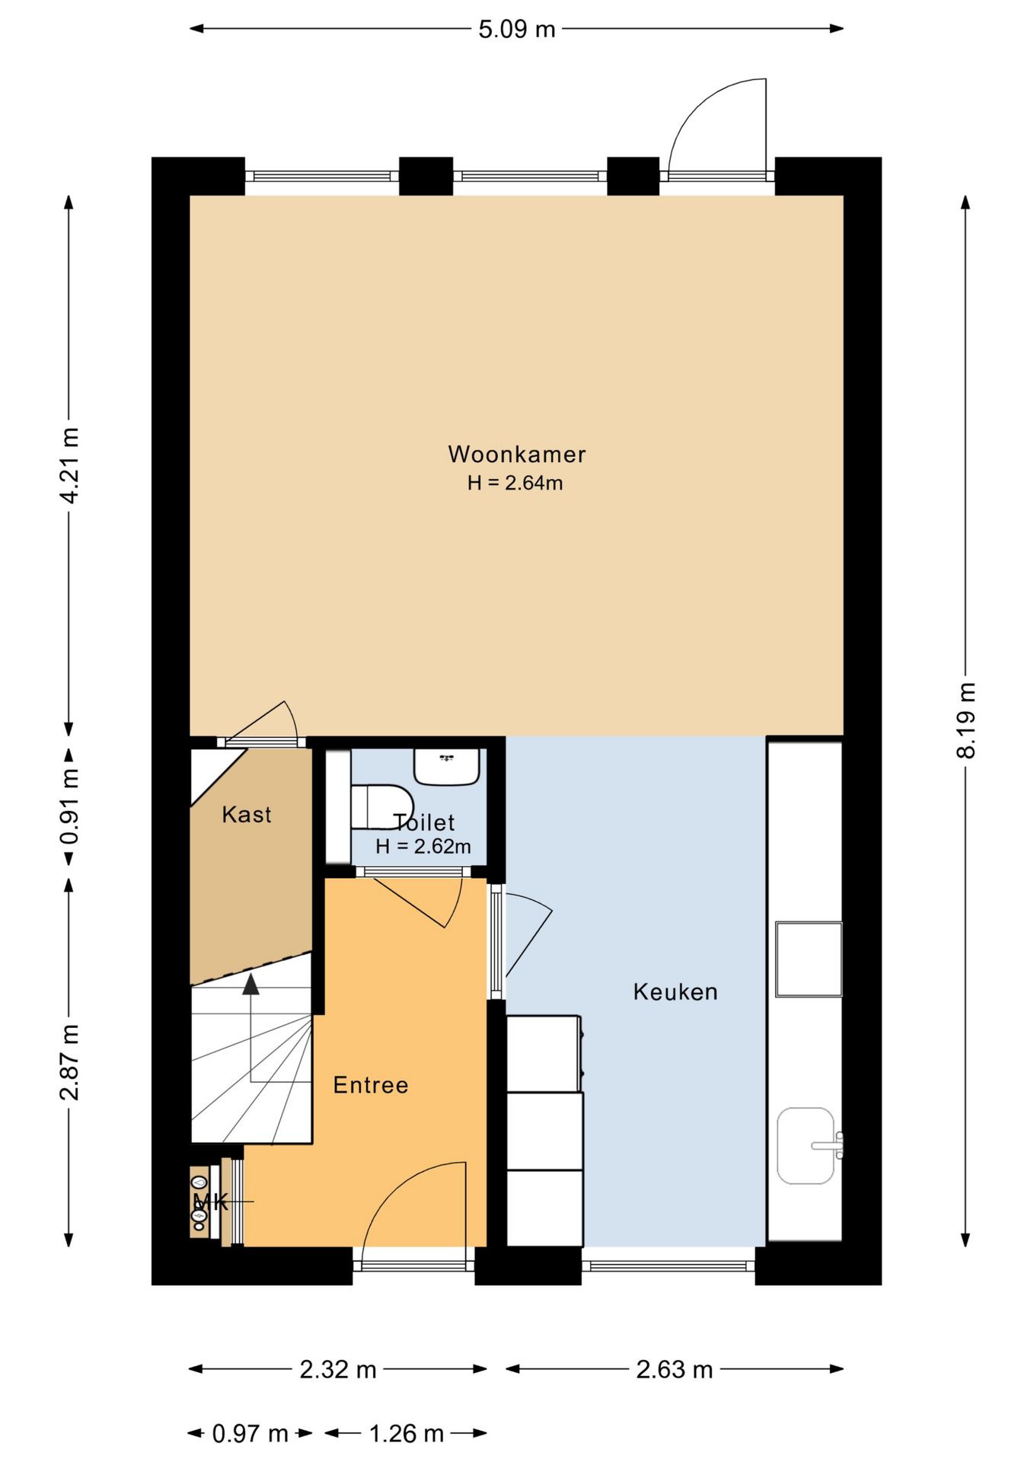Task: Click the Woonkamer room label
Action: pos(517,455)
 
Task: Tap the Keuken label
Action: pos(675,991)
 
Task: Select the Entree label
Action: pos(371,1085)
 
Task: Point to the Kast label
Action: pos(247,815)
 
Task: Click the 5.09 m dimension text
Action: pos(517,29)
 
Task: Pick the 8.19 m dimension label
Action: pos(965,720)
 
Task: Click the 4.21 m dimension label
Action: pos(69,465)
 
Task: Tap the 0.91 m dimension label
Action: pos(69,806)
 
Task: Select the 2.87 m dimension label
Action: pos(69,1062)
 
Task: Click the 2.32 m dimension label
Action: pos(338,1370)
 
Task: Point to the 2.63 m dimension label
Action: pos(675,1370)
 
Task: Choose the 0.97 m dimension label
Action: pos(250,1435)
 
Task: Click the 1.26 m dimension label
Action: pos(407,1435)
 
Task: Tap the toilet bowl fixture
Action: pos(381,807)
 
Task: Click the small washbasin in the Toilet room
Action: pos(447,767)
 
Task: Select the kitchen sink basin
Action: pos(806,1146)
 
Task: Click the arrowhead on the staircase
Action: pos(251,984)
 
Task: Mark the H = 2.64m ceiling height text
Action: pos(515,483)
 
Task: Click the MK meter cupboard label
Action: pos(211,1202)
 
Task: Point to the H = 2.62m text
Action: pos(423,847)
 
